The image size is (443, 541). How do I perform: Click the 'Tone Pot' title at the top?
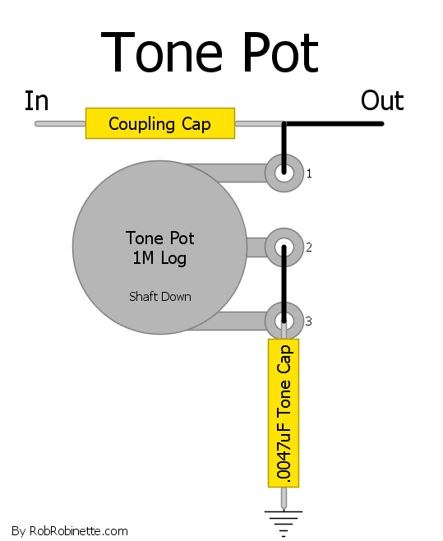(210, 52)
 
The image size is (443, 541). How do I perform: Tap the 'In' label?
(36, 101)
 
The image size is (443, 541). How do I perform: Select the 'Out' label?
(382, 101)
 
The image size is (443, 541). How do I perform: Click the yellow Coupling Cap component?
(160, 123)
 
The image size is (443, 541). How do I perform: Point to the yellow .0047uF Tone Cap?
(284, 413)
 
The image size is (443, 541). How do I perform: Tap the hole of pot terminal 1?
(284, 173)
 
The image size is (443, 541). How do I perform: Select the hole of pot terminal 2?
(284, 247)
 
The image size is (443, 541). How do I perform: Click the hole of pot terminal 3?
(284, 321)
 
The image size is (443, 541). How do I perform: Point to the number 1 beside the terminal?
(309, 173)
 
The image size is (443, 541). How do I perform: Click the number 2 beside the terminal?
(309, 247)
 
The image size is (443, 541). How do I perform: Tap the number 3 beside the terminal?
(308, 321)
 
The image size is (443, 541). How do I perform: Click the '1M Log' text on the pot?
(159, 258)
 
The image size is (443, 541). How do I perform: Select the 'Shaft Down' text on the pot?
(160, 297)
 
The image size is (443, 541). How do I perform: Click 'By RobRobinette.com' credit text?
(70, 530)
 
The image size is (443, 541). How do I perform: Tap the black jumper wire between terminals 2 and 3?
(284, 284)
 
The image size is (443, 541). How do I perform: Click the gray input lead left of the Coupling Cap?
(60, 123)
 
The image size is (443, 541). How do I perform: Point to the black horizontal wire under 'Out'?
(334, 123)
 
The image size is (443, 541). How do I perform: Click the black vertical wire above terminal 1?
(284, 148)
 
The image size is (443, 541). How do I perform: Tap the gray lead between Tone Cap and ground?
(284, 498)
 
